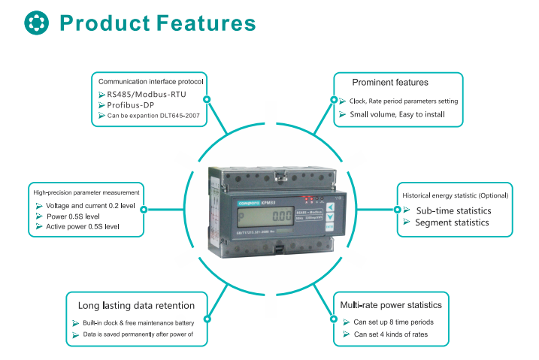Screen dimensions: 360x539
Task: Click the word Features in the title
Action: tap(206, 23)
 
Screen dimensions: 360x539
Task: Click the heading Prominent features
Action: tap(390, 82)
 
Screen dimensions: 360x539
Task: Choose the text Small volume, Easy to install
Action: tap(398, 115)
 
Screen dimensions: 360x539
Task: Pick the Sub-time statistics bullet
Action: tap(453, 211)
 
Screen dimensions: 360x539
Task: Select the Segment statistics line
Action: tap(452, 222)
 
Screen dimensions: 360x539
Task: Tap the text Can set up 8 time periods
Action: tap(393, 322)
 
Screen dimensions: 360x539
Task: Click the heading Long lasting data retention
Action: tap(137, 306)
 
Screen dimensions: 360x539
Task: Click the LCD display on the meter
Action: tap(255, 216)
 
